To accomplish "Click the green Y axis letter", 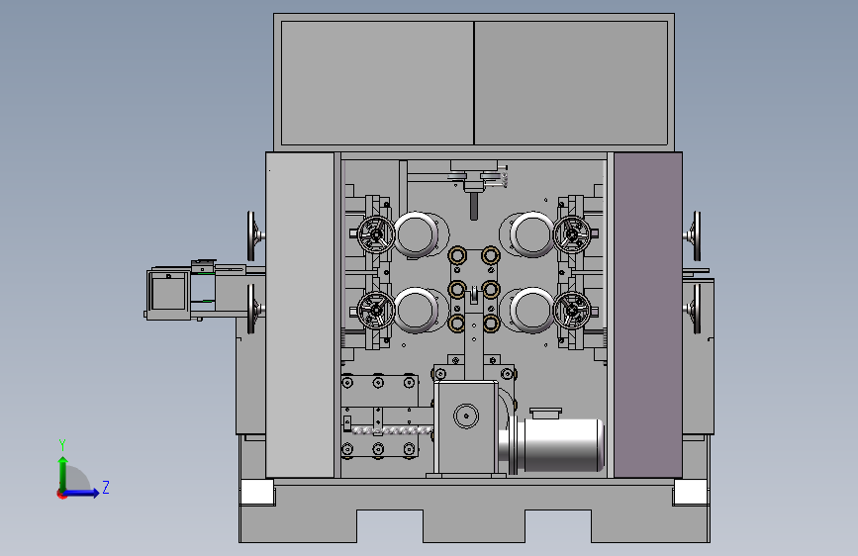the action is pos(62,444).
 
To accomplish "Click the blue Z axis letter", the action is pos(106,487).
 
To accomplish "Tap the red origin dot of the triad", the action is pos(61,494).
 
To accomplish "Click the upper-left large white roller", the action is pos(416,234).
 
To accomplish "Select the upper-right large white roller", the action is pos(531,234).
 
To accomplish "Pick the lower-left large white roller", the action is pos(416,311).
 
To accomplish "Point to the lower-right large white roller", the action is pos(531,311).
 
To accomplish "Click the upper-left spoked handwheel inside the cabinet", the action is pos(376,234).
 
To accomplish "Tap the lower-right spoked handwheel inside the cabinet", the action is pos(572,311).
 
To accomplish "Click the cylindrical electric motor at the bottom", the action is pos(552,444).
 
